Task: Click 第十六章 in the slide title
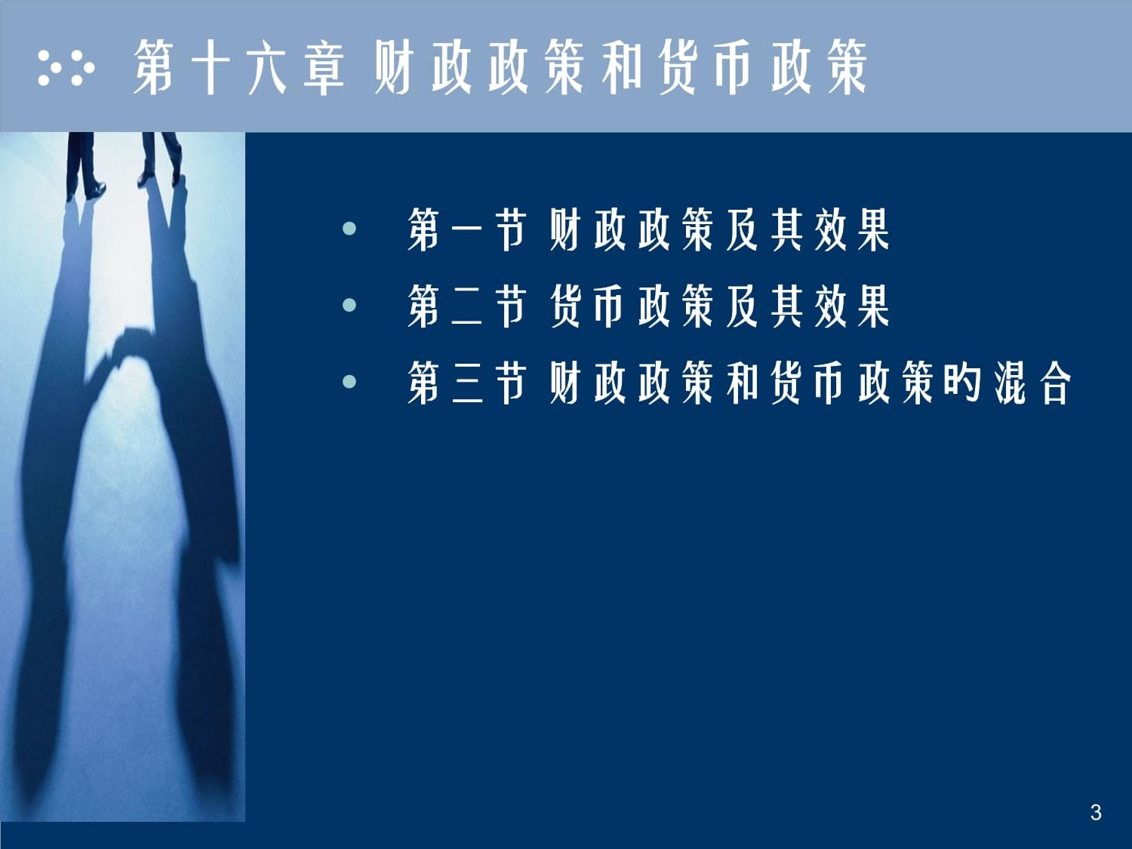239,68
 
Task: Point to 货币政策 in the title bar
762,68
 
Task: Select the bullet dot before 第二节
349,306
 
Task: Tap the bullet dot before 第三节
349,382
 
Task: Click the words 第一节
466,229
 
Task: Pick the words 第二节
466,306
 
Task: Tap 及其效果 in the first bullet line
807,229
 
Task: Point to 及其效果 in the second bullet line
807,306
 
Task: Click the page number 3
1096,812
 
